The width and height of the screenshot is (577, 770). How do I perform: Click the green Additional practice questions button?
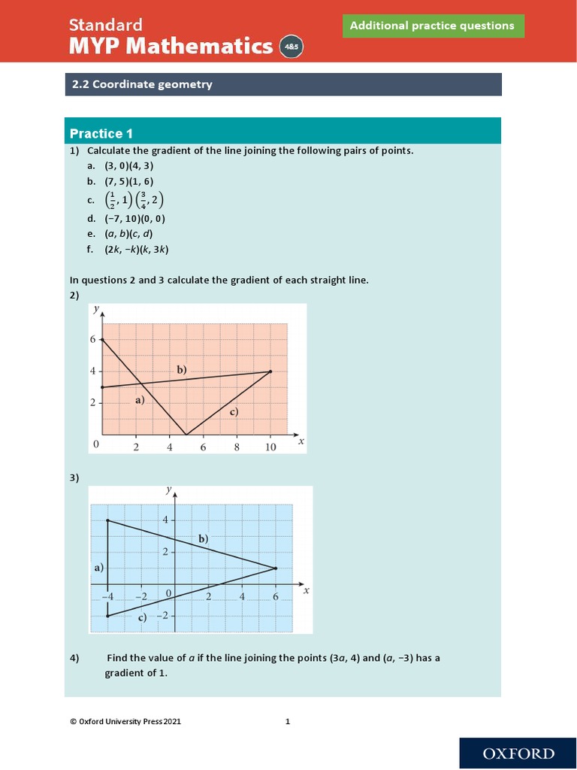[x=433, y=26]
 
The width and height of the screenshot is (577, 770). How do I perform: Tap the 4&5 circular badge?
[x=290, y=47]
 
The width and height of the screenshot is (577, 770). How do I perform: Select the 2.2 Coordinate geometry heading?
[x=142, y=84]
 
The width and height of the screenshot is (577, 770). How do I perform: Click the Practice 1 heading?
[x=101, y=134]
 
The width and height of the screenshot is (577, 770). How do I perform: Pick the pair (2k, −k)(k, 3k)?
[x=131, y=250]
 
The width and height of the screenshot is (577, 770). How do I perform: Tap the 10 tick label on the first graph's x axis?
[x=270, y=447]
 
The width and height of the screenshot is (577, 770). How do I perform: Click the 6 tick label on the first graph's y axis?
[x=93, y=340]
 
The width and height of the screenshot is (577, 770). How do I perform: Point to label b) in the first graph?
[x=182, y=369]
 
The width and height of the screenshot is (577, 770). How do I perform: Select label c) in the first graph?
[x=233, y=411]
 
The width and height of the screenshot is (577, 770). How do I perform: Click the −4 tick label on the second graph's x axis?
[x=108, y=596]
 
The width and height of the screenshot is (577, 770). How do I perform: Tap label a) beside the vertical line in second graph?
[x=98, y=568]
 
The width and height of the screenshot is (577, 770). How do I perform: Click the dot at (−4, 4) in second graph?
[x=108, y=520]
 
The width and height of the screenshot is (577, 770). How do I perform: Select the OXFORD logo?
[x=518, y=753]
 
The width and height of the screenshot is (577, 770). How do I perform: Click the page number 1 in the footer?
[x=287, y=722]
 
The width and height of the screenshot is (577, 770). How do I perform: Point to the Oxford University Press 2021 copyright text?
[x=125, y=722]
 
